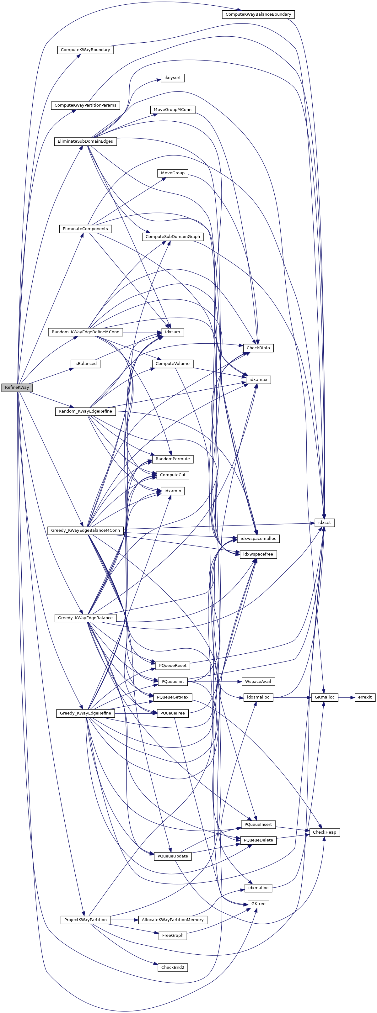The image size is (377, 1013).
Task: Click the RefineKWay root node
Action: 17,387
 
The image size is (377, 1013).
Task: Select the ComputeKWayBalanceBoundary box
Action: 258,14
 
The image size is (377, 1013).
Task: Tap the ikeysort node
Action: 172,78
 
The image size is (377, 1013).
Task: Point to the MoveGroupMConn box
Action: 172,110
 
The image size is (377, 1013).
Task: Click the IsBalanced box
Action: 85,364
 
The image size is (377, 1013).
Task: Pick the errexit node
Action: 364,697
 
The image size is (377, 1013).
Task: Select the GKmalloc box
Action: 324,697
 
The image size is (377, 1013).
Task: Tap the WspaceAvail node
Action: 258,682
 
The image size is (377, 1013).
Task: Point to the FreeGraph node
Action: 172,936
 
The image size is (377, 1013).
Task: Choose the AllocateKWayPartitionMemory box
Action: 172,920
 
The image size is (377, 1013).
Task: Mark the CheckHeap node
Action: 324,832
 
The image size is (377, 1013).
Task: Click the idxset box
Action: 324,523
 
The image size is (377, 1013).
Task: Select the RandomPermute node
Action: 172,459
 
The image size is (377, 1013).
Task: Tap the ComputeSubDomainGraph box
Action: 172,237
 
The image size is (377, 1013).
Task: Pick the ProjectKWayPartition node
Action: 85,920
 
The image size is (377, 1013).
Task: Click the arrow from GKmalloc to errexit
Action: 346,697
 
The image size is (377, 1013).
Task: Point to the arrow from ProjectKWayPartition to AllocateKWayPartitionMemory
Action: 124,920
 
